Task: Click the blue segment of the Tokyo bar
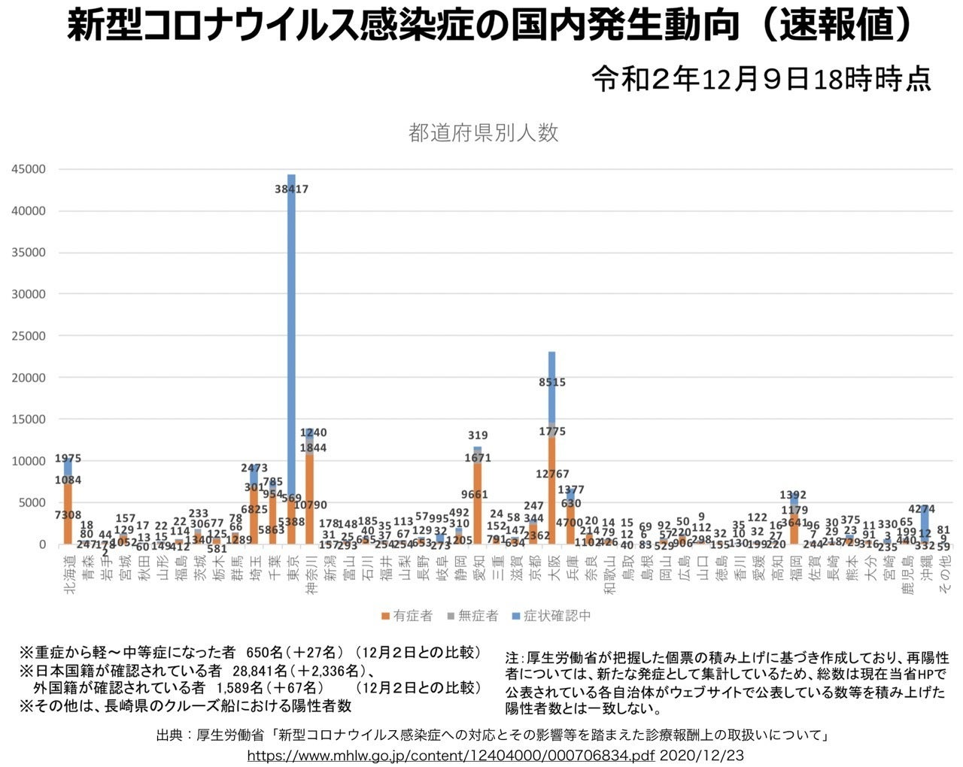click(291, 301)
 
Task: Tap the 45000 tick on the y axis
click(29, 169)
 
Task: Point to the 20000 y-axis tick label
click(29, 377)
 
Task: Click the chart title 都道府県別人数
click(483, 133)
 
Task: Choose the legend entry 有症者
click(407, 616)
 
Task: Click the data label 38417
click(292, 189)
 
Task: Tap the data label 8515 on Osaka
click(552, 382)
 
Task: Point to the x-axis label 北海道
click(69, 575)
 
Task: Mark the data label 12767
click(552, 474)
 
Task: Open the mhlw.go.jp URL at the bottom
click(450, 753)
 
